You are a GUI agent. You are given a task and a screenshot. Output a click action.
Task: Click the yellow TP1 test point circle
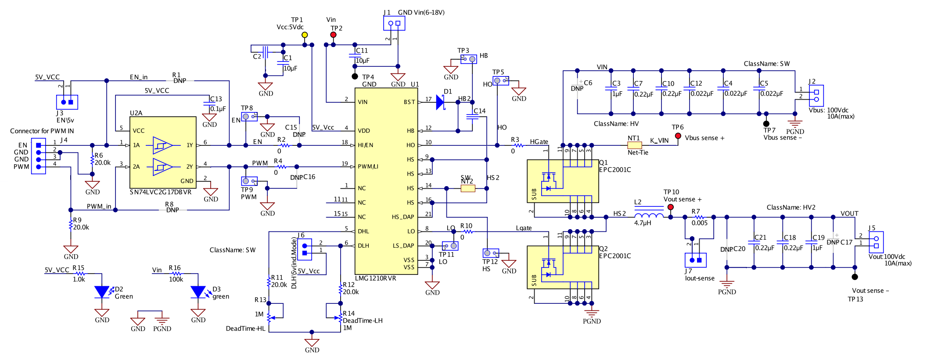point(305,35)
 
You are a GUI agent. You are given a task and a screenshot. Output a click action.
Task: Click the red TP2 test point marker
point(333,35)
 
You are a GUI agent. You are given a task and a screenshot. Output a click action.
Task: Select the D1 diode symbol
point(440,102)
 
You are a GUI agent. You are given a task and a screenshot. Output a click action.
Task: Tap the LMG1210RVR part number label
point(375,278)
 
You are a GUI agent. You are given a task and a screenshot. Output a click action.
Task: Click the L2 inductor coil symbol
point(649,215)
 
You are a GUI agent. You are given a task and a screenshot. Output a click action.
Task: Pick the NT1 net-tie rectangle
point(635,145)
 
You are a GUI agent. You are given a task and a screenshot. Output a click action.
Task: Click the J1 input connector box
point(394,23)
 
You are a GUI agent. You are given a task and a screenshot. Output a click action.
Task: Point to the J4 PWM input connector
point(39,156)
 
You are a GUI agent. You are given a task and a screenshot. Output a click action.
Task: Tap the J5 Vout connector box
point(876,242)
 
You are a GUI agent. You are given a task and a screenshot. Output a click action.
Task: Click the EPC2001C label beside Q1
point(615,169)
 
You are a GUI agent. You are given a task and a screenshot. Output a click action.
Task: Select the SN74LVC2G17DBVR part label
point(161,192)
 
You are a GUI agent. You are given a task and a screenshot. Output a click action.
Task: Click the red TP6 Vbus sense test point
point(678,136)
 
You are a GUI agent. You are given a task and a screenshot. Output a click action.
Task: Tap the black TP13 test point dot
point(855,277)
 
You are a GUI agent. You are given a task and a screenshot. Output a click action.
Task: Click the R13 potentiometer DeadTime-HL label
point(245,328)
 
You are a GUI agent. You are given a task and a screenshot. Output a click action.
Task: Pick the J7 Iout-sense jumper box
point(695,260)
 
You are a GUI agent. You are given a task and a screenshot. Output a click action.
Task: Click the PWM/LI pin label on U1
point(368,167)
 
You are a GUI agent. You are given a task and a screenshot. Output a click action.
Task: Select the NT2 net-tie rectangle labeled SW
point(468,188)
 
